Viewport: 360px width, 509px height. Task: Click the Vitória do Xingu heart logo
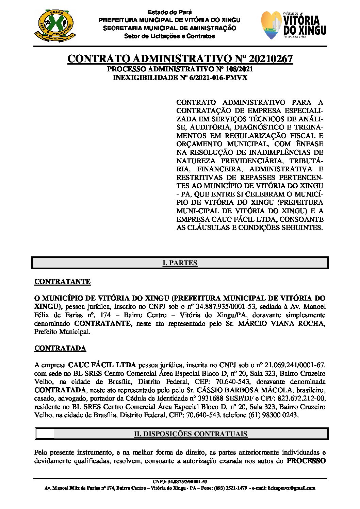[x=272, y=25]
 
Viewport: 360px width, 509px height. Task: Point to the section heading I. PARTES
[x=180, y=263]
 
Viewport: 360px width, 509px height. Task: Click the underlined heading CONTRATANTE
[x=62, y=282]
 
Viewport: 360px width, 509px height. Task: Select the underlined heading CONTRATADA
[x=60, y=348]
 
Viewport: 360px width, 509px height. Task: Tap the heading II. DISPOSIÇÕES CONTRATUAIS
[x=191, y=434]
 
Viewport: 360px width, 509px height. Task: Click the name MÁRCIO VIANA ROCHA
[x=281, y=323]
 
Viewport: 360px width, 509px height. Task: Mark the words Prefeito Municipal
[x=62, y=332]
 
